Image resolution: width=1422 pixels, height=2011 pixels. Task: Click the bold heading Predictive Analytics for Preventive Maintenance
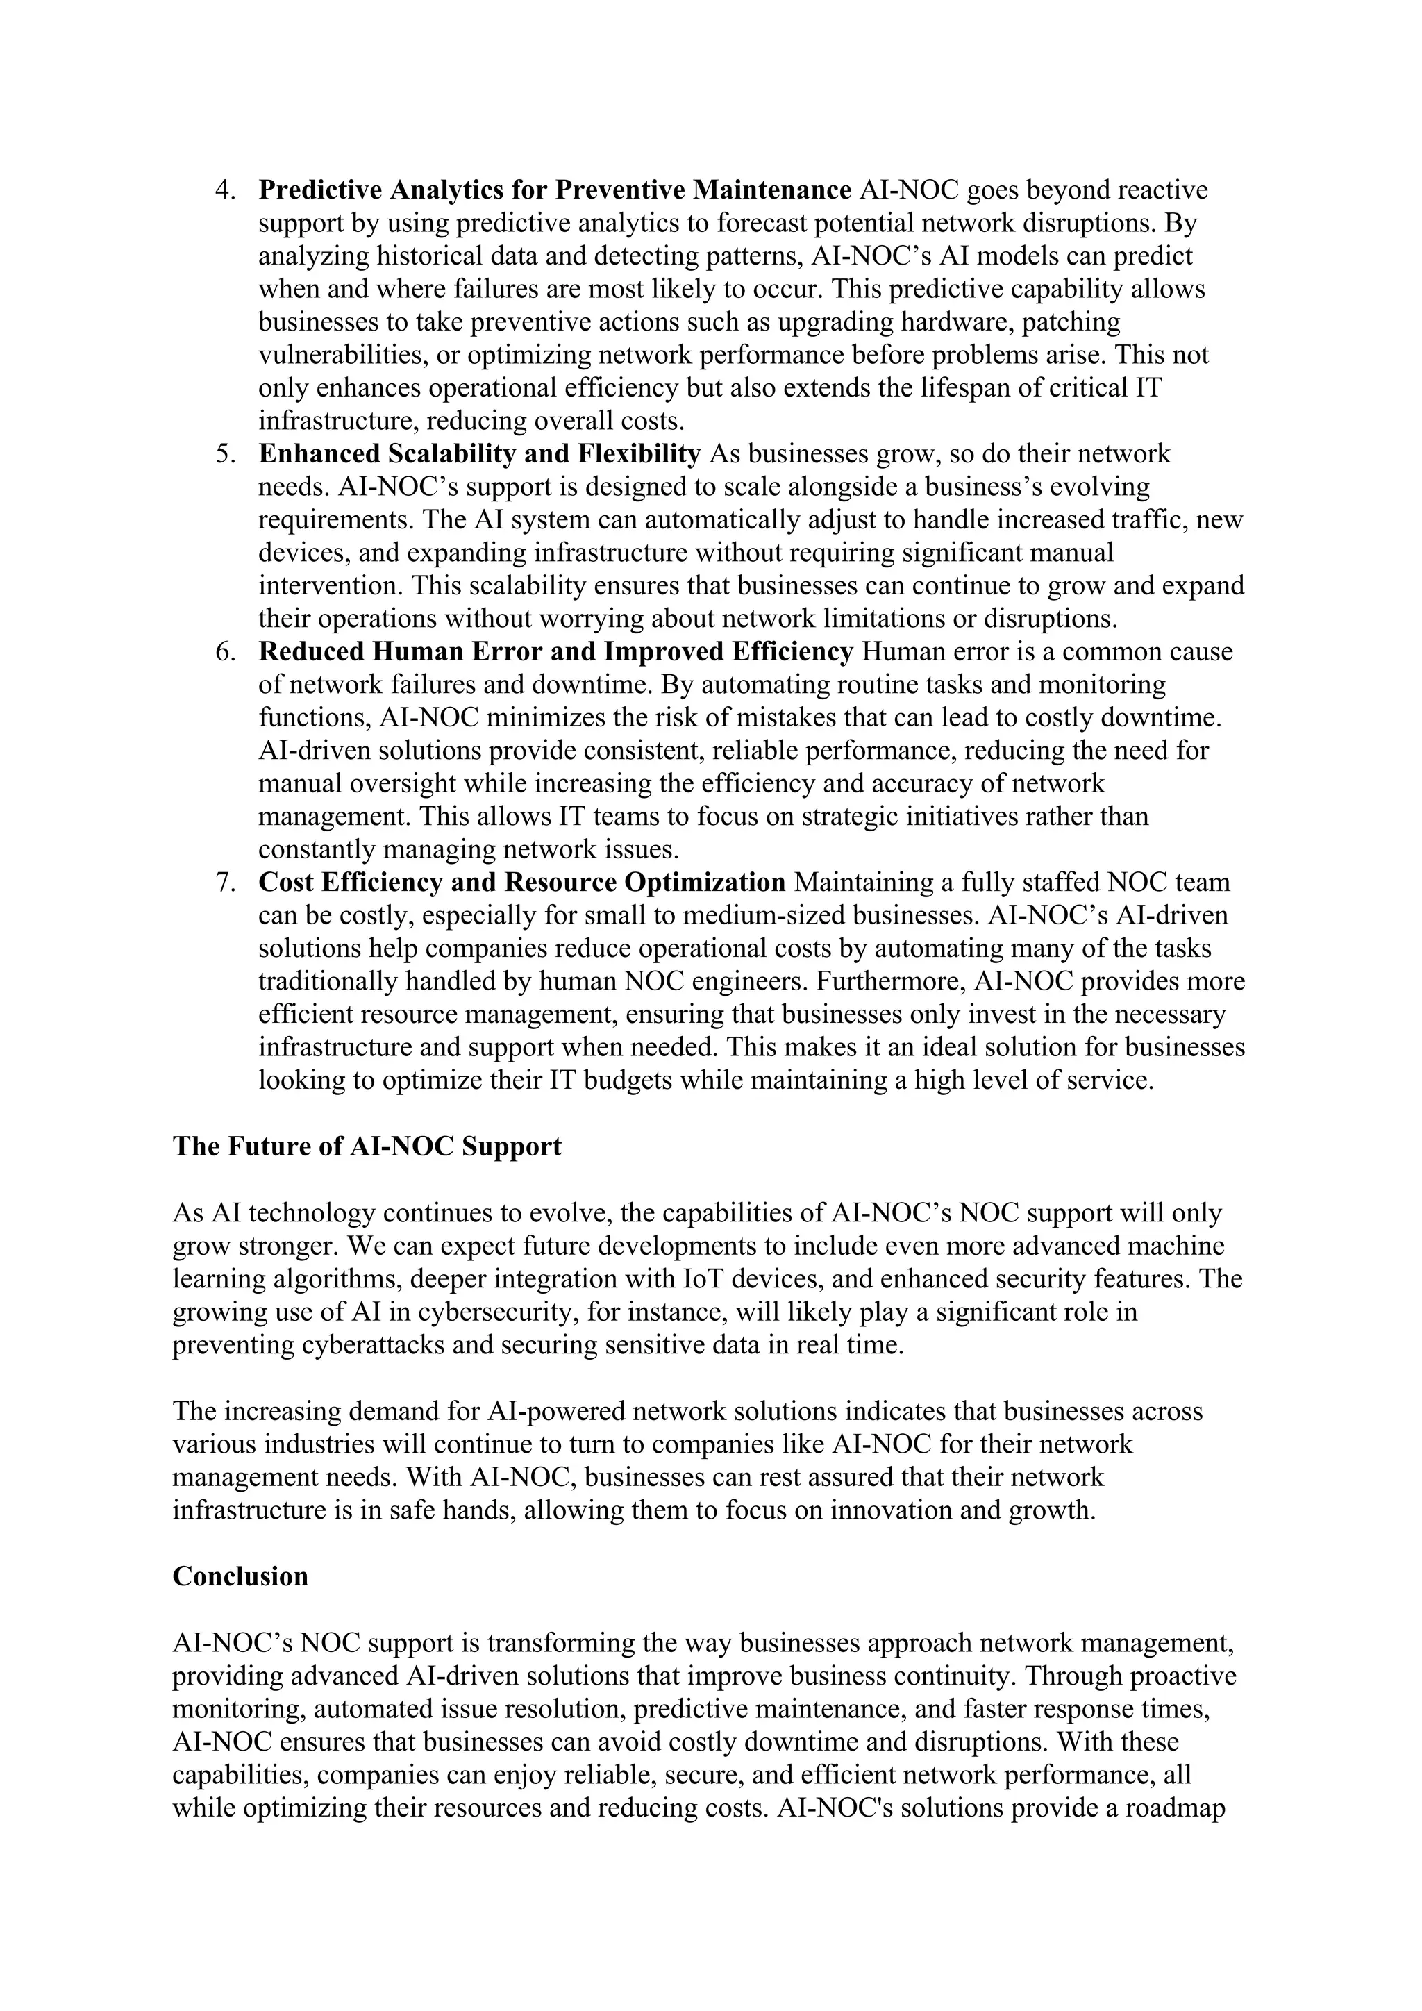[x=555, y=190]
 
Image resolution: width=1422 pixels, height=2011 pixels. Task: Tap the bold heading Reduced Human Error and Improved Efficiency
[x=556, y=653]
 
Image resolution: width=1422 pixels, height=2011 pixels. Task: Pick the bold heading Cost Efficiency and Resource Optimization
[x=522, y=883]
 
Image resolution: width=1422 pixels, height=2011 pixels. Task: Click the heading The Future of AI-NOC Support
[x=367, y=1146]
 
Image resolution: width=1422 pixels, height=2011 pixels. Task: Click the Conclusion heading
[x=241, y=1576]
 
